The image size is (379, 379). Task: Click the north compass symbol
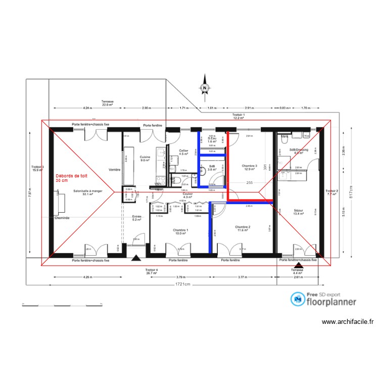pyautogui.click(x=205, y=87)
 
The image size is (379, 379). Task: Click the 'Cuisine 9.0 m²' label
pyautogui.click(x=145, y=159)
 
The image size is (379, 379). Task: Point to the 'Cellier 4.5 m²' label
pyautogui.click(x=183, y=153)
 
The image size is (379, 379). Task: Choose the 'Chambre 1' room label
pyautogui.click(x=180, y=232)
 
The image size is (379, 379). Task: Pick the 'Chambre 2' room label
pyautogui.click(x=243, y=229)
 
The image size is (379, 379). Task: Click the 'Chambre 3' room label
pyautogui.click(x=250, y=167)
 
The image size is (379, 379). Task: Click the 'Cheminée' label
pyautogui.click(x=62, y=218)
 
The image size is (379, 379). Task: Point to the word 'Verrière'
pyautogui.click(x=114, y=170)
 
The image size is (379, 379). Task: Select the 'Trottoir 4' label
pyautogui.click(x=152, y=271)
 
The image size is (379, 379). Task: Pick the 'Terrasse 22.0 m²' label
pyautogui.click(x=107, y=103)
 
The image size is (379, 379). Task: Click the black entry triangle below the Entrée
pyautogui.click(x=135, y=259)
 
